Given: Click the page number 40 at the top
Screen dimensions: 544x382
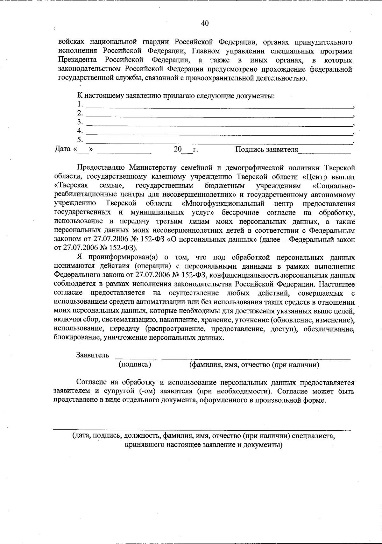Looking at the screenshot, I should (205, 23).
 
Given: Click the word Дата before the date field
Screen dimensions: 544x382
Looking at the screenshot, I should (62, 149).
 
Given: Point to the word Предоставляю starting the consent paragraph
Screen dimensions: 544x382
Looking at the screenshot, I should (97, 168).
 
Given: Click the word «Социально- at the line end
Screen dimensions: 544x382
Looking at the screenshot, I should (334, 186).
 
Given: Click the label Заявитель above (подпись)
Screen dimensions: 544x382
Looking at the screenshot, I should (93, 355).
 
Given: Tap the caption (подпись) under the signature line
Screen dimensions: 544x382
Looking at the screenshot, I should (135, 364).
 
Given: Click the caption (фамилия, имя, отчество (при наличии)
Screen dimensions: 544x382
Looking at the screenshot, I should (254, 365).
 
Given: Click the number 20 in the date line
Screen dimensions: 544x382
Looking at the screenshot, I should (178, 149).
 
